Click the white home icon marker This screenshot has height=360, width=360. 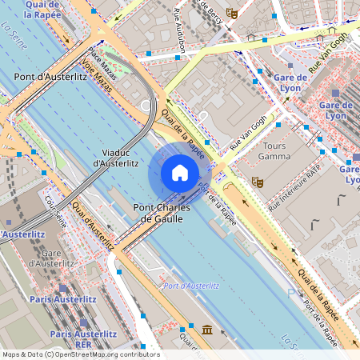pos(180,173)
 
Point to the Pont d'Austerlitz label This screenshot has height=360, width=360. pos(50,76)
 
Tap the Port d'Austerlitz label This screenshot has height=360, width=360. pos(190,286)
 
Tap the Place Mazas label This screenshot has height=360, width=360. pos(103,63)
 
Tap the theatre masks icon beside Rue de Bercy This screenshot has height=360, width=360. pos(232,13)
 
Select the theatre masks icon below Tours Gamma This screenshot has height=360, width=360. pos(257,182)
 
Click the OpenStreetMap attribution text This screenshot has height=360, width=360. pos(80,354)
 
